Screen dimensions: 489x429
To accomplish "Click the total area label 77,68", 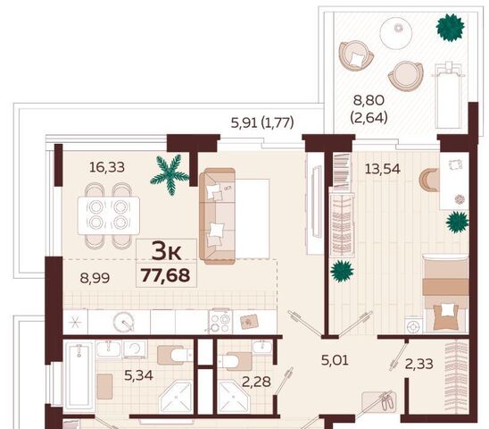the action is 166,275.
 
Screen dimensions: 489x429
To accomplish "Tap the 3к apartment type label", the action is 166,252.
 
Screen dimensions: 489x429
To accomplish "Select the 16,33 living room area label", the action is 107,167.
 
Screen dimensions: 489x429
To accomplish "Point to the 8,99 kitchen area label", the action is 95,278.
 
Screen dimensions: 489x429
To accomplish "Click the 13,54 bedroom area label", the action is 383,169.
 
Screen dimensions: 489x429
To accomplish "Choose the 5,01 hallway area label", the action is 335,360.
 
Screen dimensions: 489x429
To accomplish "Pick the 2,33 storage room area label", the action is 419,364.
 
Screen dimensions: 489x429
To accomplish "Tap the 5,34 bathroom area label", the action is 138,375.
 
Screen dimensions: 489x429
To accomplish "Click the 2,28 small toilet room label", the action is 256,382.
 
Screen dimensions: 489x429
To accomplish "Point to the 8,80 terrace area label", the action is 369,101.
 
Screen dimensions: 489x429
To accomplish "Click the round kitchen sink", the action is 124,322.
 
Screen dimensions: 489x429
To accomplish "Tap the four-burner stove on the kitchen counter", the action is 220,321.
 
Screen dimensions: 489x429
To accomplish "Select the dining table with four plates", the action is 109,215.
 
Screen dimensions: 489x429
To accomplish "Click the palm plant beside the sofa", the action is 170,174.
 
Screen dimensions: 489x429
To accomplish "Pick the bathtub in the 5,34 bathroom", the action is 79,375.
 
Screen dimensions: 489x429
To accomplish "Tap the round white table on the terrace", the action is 396,33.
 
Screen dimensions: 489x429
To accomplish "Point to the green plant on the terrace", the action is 450,28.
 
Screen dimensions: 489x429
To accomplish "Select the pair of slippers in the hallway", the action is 388,401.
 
